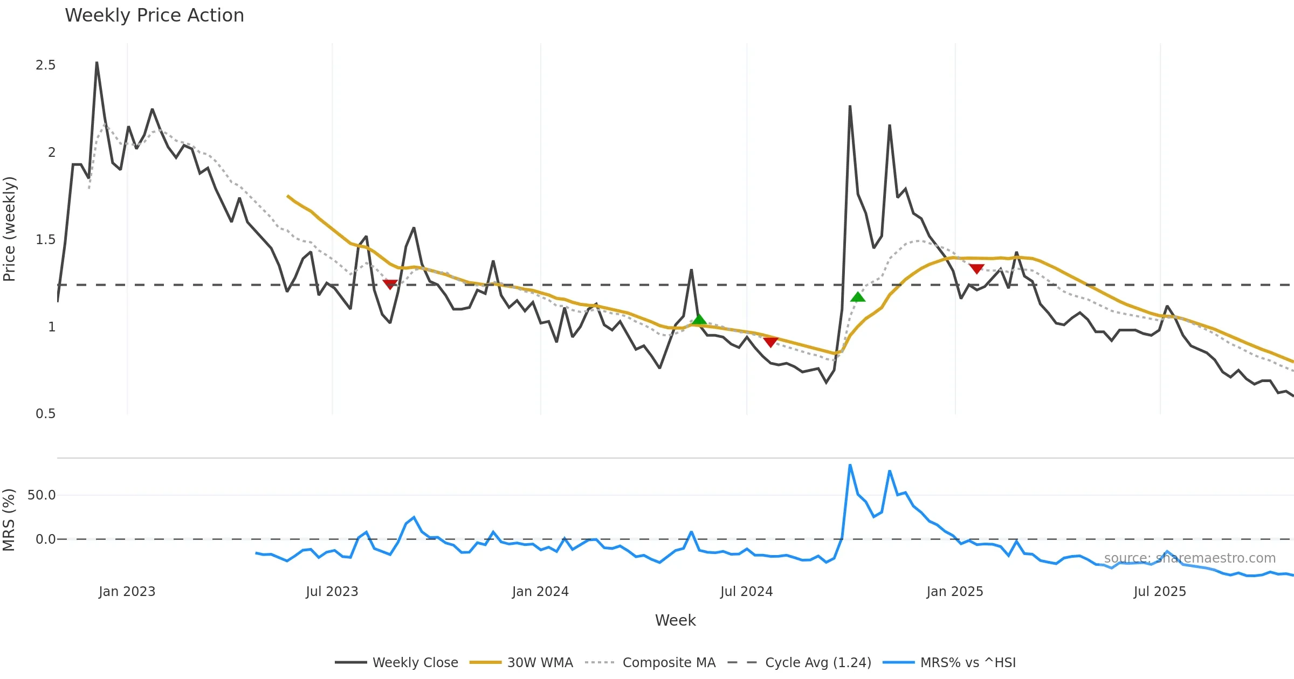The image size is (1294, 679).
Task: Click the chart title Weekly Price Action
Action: pos(154,16)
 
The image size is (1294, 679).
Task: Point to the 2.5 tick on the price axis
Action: pos(46,65)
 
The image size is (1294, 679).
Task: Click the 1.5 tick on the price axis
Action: pos(46,240)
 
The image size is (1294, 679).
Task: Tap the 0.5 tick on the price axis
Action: pos(46,414)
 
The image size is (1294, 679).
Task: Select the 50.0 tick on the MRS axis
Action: pos(42,495)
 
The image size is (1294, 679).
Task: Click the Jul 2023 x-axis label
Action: pos(332,592)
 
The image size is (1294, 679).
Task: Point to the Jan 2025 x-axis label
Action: pos(955,592)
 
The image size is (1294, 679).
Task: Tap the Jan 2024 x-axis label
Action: pos(540,592)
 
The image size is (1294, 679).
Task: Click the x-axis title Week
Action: pos(675,621)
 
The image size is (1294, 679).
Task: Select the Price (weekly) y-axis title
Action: pos(10,229)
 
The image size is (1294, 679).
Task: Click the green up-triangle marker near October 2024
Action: pos(858,297)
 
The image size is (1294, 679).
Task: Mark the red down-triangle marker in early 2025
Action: pos(976,268)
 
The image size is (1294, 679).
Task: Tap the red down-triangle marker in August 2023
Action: pos(390,284)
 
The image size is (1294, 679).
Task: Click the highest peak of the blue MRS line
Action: pos(850,465)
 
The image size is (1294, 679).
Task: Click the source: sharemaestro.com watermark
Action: pos(1189,558)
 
